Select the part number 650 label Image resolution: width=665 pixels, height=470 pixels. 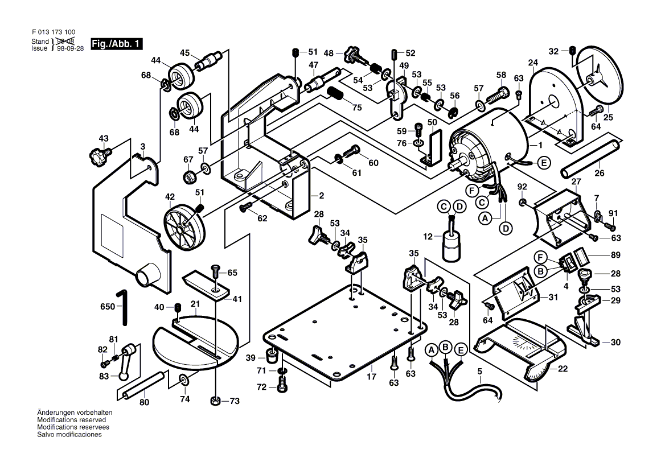[107, 306]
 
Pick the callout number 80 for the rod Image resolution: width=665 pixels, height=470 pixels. [144, 402]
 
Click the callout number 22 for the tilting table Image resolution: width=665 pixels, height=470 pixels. [563, 369]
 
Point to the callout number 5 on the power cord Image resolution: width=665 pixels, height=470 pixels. [479, 371]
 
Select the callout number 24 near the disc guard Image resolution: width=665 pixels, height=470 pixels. [533, 62]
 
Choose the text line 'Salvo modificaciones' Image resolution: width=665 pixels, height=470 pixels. [69, 434]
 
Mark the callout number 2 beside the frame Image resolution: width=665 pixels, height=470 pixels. [321, 195]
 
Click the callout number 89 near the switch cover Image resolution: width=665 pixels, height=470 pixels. [615, 255]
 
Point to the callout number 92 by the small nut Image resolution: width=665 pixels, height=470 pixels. [522, 186]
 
